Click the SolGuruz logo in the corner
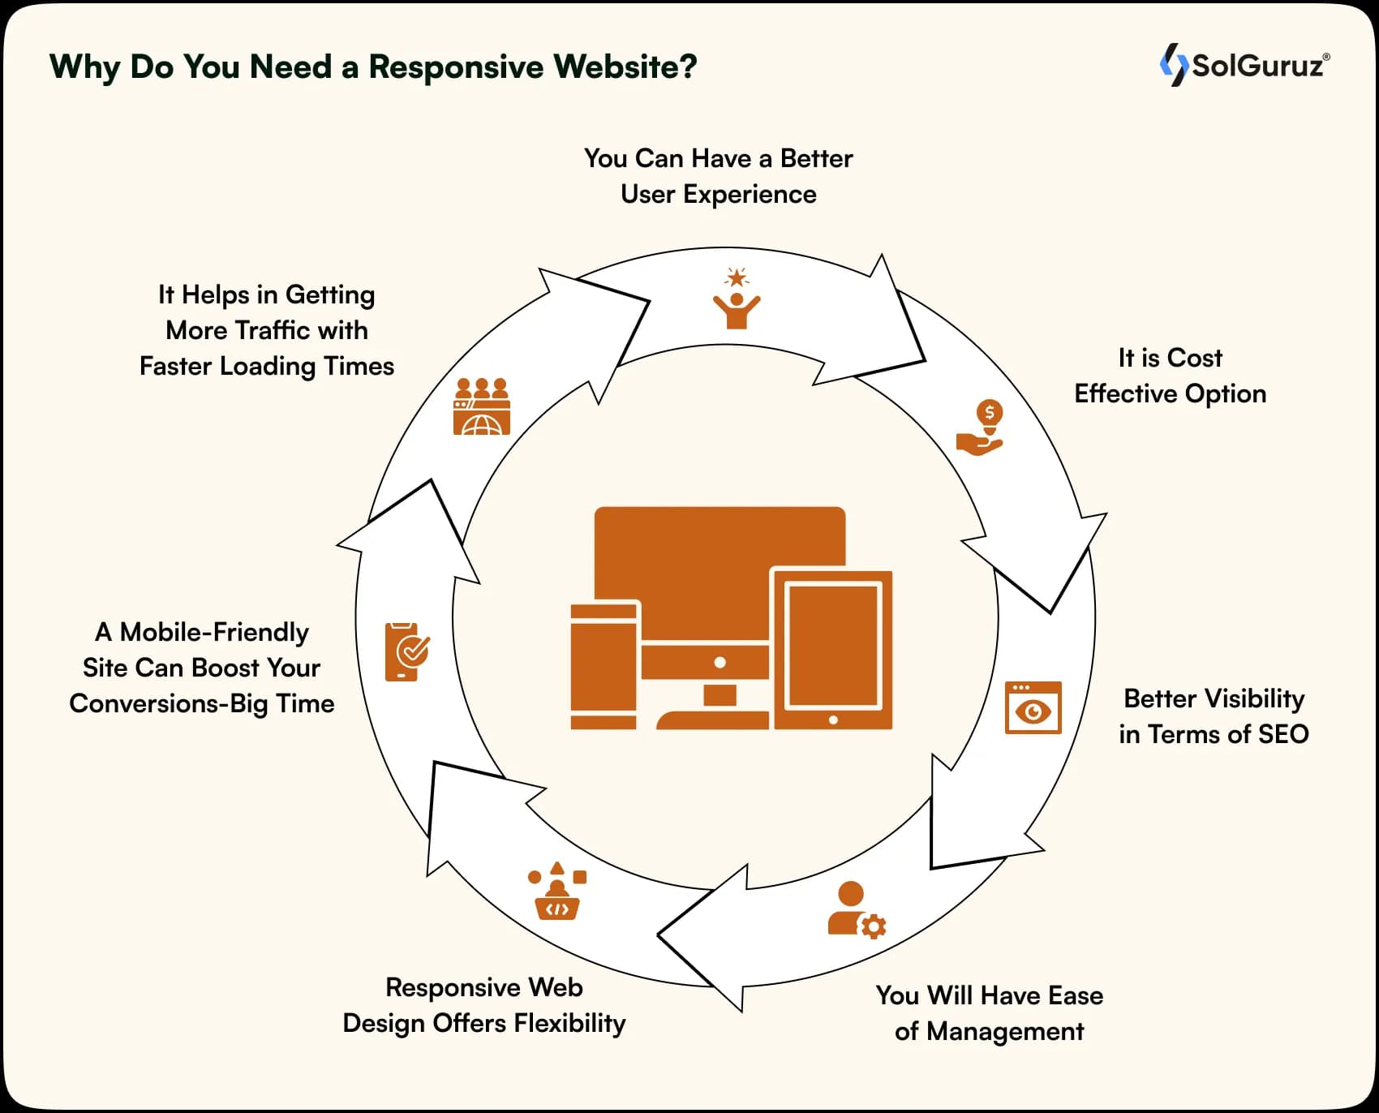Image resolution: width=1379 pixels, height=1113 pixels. (x=1244, y=65)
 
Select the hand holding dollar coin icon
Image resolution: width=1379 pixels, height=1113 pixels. (x=981, y=428)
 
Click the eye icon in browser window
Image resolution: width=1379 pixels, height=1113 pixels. (x=1033, y=708)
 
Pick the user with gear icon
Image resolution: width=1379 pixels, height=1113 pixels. (x=856, y=910)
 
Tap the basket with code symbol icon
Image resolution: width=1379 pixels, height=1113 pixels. (x=556, y=892)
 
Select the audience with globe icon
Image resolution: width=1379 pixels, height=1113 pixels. (x=482, y=406)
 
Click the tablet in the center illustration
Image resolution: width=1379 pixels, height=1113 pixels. (x=833, y=648)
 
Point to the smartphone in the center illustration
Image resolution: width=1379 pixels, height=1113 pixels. (x=604, y=666)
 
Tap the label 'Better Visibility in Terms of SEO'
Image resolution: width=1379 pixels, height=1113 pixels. (x=1214, y=716)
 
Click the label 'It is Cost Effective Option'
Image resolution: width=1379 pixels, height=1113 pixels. (x=1170, y=376)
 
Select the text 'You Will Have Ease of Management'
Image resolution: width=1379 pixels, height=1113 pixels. (x=989, y=1013)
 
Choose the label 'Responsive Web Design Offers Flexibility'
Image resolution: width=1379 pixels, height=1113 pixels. (x=484, y=1005)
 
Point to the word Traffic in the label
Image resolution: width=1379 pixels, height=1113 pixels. (x=272, y=330)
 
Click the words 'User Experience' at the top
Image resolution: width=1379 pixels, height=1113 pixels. (x=718, y=195)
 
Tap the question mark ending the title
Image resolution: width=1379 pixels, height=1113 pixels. (x=689, y=67)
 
